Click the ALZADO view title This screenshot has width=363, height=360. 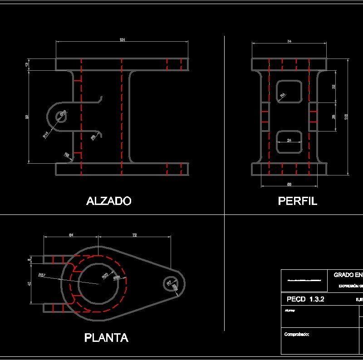click(x=109, y=201)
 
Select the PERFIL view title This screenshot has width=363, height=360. click(x=297, y=201)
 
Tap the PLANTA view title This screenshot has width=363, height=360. click(x=106, y=337)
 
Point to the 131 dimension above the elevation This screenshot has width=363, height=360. click(x=122, y=40)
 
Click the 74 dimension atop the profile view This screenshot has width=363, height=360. click(x=289, y=42)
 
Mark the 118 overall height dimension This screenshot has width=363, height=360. click(x=347, y=117)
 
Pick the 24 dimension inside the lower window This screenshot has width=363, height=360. click(x=289, y=141)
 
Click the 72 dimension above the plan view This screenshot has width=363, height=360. click(x=134, y=235)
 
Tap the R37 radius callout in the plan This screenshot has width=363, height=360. click(x=42, y=275)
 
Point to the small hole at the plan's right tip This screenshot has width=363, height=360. click(x=171, y=284)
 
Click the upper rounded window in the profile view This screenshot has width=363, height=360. click(x=289, y=91)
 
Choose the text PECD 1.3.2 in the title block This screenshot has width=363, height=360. click(x=305, y=299)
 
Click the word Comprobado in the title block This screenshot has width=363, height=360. click(x=297, y=334)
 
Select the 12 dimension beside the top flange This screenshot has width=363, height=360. click(x=26, y=64)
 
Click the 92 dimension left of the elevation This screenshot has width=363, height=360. click(x=27, y=117)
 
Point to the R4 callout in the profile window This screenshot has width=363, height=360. click(x=282, y=96)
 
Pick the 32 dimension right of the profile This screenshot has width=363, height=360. click(x=334, y=86)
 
